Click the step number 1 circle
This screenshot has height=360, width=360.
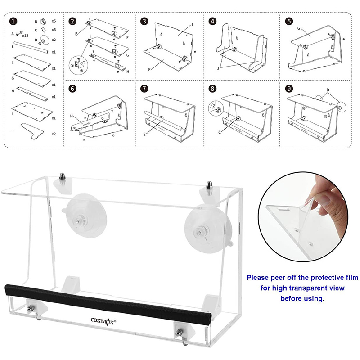(14, 21)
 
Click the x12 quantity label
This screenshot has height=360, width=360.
(26, 35)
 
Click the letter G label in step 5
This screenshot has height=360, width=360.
(299, 28)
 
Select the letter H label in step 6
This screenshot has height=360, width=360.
(72, 116)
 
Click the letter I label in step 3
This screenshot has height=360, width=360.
(192, 24)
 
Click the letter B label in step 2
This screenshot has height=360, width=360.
(76, 34)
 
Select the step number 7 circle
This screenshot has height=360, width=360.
(144, 89)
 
